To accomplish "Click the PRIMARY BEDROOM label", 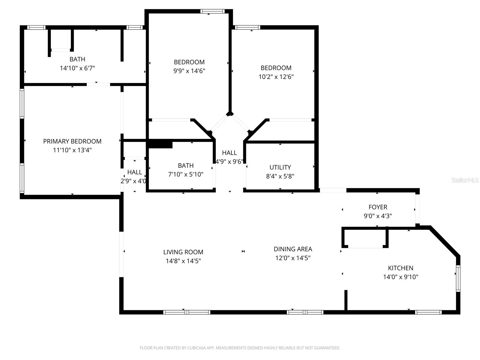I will tap(72, 141).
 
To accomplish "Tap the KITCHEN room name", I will tap(400, 268).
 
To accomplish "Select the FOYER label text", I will tap(378, 207).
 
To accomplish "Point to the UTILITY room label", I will tap(280, 167).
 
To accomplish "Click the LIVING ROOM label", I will tap(183, 252).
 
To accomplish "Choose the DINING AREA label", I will tap(293, 249).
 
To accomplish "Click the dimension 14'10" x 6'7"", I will tap(77, 68).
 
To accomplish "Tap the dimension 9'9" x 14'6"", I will tap(189, 71).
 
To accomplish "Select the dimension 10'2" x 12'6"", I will tap(276, 76).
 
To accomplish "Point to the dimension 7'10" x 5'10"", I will tap(186, 174).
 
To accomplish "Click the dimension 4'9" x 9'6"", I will tap(229, 162).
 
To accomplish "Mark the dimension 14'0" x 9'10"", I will tap(400, 277).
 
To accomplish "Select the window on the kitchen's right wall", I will tap(458, 278).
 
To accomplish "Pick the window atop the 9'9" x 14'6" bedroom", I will tap(212, 11).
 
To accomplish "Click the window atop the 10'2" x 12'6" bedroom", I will tap(247, 27).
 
